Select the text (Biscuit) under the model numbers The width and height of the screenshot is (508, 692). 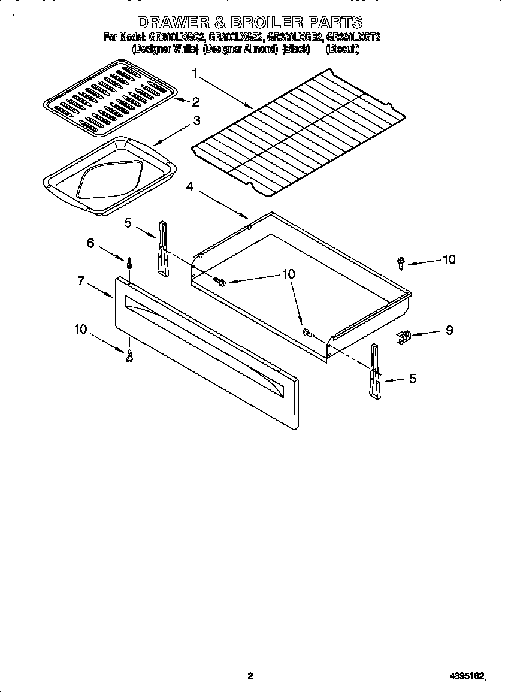pos(343,50)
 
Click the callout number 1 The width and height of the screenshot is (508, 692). pos(195,73)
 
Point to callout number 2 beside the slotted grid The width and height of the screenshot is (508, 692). pos(195,101)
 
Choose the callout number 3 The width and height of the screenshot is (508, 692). pos(196,120)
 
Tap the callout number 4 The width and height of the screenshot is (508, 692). pos(189,186)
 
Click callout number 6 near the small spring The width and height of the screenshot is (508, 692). pos(90,243)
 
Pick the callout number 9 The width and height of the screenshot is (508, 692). pos(449,330)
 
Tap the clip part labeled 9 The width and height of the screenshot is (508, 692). pos(404,338)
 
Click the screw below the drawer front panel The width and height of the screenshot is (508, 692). pos(129,357)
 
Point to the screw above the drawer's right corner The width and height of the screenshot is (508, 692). pos(401,262)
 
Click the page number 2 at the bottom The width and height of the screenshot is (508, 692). pos(250,676)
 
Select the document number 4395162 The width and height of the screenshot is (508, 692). pos(465,676)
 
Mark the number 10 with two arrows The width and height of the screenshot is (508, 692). pos(288,273)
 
